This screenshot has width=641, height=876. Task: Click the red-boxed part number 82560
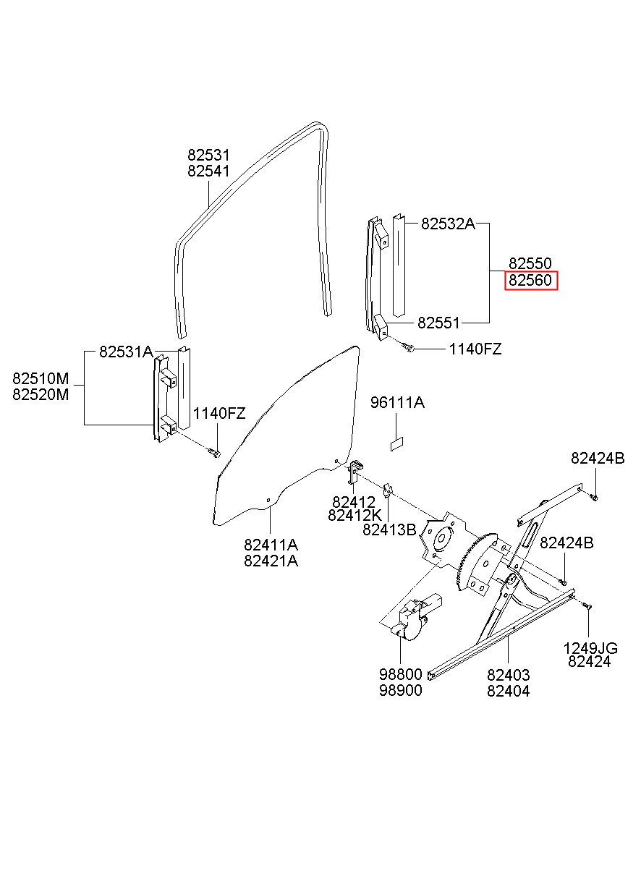click(530, 281)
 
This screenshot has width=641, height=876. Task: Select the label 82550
click(530, 263)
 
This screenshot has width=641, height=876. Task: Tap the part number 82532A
click(448, 224)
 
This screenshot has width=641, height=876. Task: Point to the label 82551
click(439, 323)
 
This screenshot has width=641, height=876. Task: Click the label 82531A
click(126, 352)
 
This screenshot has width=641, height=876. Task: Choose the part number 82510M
click(41, 378)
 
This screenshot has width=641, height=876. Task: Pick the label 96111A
click(397, 402)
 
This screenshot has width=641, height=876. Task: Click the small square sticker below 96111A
click(396, 444)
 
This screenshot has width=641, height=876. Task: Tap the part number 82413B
click(389, 530)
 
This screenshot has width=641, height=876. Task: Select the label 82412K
click(355, 516)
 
